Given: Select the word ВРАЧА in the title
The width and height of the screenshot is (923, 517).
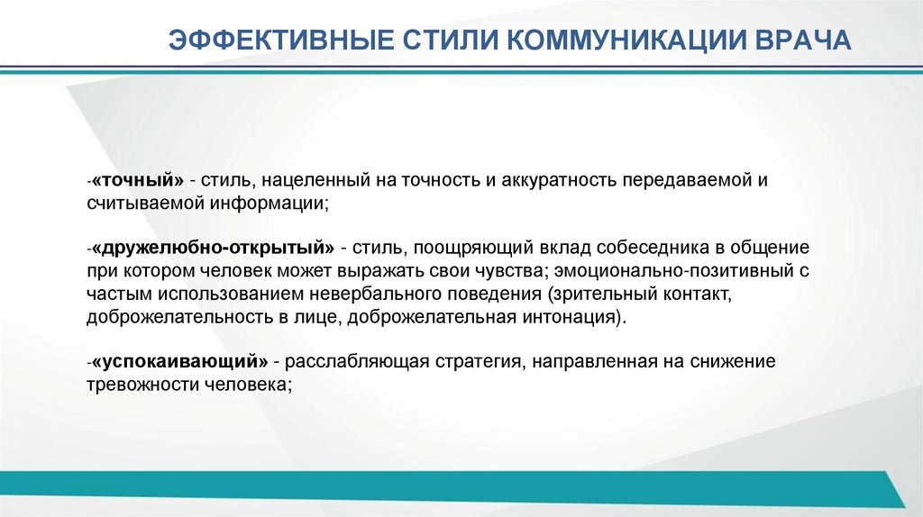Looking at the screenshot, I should tap(798, 41).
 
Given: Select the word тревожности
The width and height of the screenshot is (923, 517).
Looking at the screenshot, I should tap(136, 385).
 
